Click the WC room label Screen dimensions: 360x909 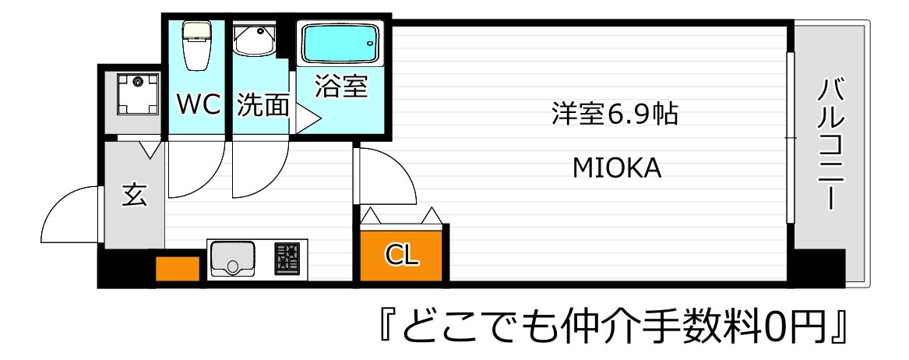pos(199,104)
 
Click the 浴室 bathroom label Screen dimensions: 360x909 pos(340,86)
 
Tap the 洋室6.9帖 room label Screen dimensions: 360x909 pos(613,115)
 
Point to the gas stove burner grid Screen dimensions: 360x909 pos(287,258)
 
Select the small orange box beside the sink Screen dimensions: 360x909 pos(178,266)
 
